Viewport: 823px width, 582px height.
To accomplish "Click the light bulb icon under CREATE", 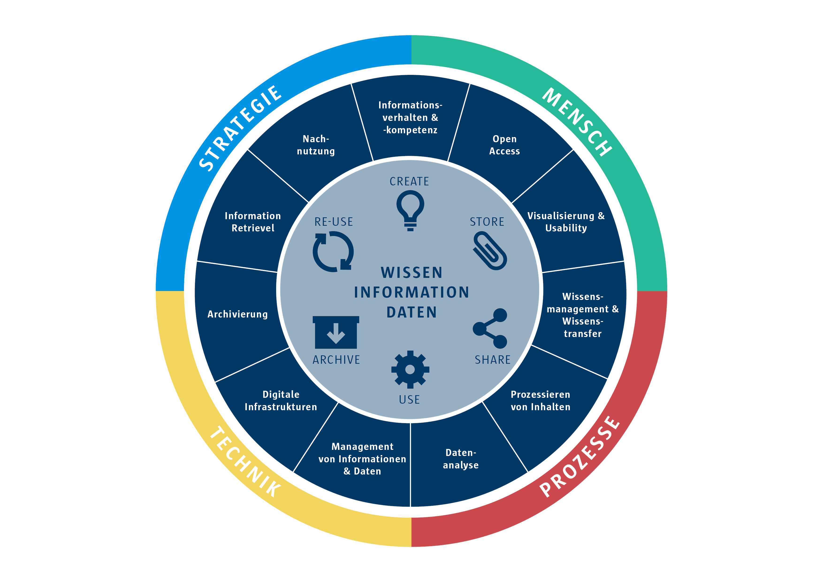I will click(410, 210).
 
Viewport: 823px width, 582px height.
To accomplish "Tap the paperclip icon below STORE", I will click(490, 250).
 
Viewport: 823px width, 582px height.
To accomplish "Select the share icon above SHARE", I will click(490, 328).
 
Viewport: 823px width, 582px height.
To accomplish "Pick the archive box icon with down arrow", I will click(336, 332).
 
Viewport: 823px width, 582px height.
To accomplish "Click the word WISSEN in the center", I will click(411, 272).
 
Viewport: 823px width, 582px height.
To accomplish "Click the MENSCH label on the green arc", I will click(577, 122).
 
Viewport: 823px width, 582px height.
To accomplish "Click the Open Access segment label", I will click(504, 145).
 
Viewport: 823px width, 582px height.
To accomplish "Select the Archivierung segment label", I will click(237, 314).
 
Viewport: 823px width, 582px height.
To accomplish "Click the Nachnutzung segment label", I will click(316, 145).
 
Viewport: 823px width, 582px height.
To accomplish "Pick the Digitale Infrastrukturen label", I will click(281, 401).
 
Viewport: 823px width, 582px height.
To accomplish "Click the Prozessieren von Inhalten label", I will click(540, 401).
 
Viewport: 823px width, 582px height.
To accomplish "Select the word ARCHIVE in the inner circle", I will click(336, 360).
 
